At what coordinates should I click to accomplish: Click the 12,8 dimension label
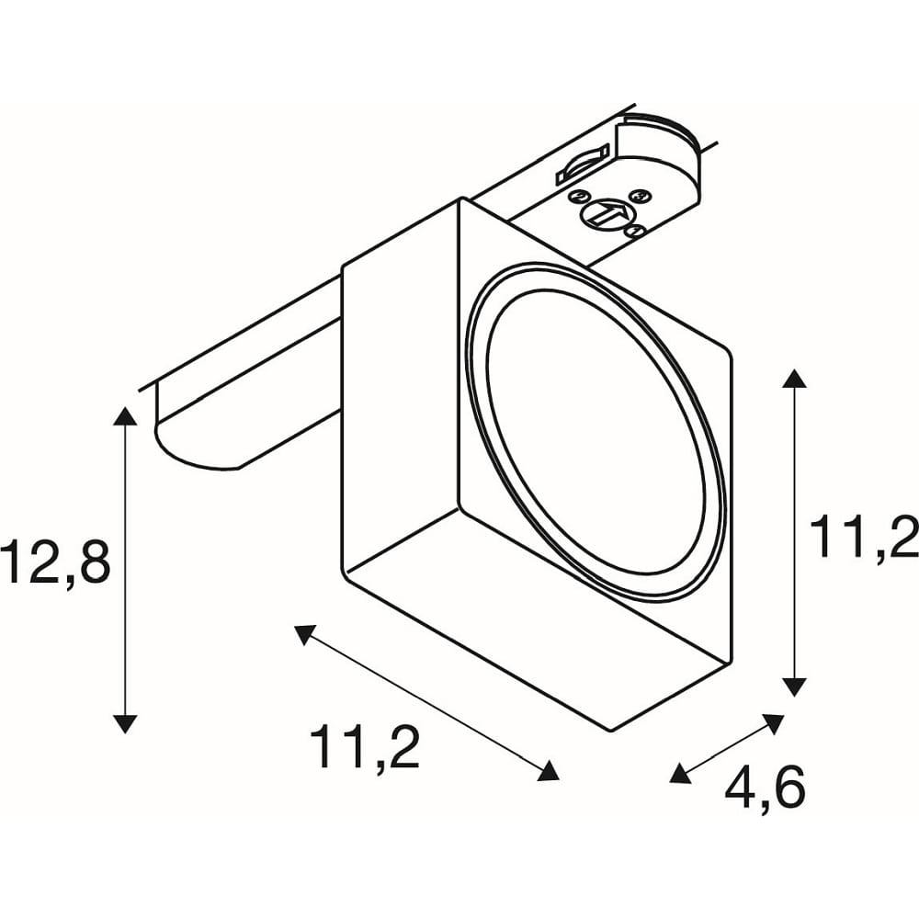55,563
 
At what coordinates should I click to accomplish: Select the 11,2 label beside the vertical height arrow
863,538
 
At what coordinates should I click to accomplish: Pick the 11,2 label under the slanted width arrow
365,748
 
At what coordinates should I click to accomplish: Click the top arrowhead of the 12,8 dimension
125,415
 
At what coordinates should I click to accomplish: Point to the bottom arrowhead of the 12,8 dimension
125,724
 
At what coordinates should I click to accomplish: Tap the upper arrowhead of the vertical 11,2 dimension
794,379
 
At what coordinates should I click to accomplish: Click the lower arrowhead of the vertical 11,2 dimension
794,686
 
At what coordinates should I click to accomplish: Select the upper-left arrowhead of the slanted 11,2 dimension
304,634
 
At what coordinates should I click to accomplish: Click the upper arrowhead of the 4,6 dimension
774,723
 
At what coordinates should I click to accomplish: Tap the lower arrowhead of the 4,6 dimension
680,774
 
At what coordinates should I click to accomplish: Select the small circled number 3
639,195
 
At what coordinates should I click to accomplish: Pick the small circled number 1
635,231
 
